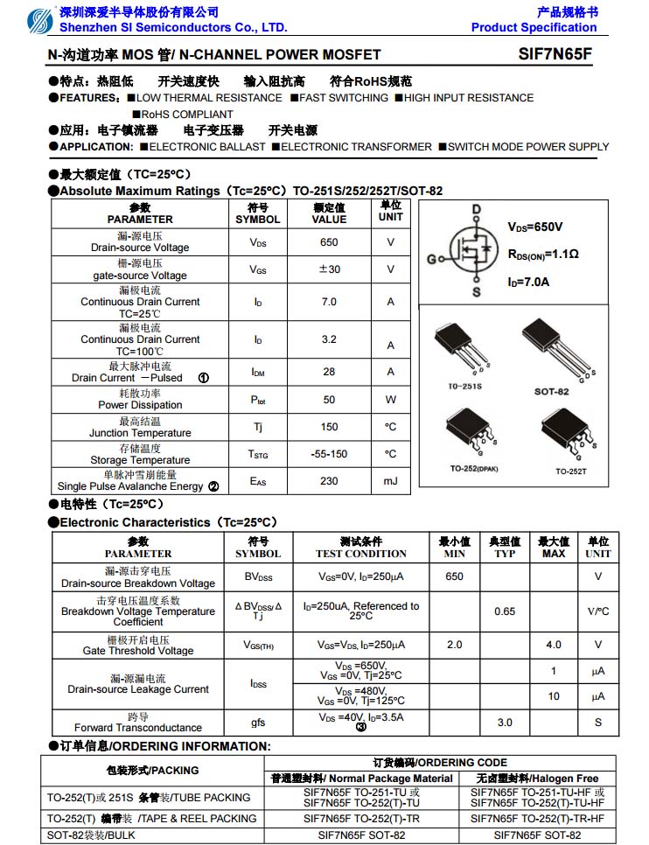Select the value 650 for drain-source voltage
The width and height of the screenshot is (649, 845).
(329, 242)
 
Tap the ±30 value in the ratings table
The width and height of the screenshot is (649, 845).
(329, 269)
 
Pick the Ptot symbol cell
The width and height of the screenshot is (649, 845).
(258, 400)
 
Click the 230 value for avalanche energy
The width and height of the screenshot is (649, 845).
(329, 481)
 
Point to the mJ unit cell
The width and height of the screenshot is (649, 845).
(390, 481)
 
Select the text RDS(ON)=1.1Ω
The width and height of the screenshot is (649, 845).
(543, 255)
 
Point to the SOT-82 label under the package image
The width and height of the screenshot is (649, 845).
(551, 391)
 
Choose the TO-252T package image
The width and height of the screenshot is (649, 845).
(570, 433)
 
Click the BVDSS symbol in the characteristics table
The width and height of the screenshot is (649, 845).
(258, 577)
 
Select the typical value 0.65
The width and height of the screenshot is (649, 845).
(505, 611)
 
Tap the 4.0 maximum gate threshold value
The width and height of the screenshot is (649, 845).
(554, 645)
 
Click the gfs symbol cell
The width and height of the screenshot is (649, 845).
(258, 723)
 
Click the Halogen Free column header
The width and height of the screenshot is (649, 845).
(537, 779)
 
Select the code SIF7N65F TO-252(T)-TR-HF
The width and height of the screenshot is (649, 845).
(537, 819)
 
